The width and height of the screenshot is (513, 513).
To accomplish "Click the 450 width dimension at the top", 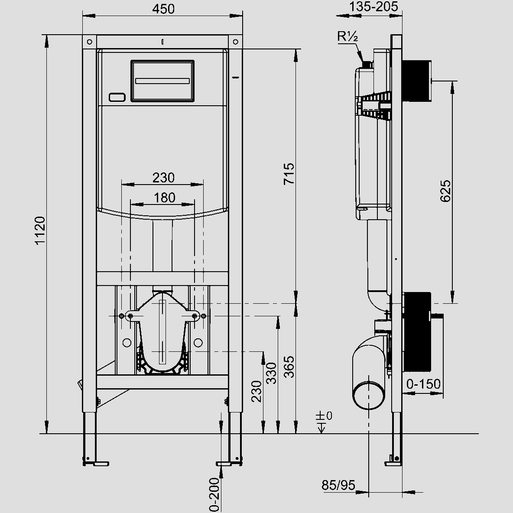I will tap(163, 9).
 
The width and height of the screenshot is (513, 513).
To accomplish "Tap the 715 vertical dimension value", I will tap(289, 173).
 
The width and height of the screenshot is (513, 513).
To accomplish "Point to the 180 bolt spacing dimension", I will tap(165, 198).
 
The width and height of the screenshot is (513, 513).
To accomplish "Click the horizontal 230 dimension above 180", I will tap(163, 177).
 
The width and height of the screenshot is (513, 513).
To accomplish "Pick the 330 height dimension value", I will tap(271, 373).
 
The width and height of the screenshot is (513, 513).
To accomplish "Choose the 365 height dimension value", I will tap(289, 367).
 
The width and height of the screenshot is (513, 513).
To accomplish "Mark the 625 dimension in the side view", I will tap(445, 191).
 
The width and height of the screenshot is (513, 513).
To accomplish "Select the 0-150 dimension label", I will tap(423, 384).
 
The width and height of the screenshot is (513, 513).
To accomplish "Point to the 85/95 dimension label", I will tap(338, 485).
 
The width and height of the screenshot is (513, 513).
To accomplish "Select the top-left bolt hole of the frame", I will tap(89, 42).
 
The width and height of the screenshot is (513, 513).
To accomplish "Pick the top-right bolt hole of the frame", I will tap(235, 42).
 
